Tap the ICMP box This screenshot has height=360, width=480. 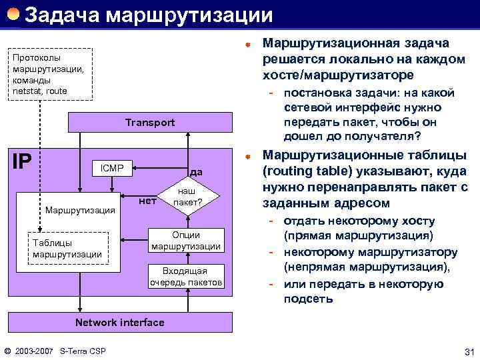click(x=111, y=167)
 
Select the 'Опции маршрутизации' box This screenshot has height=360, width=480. click(x=185, y=241)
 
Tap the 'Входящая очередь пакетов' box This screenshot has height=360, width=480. click(x=186, y=276)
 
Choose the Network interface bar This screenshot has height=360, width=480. click(x=119, y=323)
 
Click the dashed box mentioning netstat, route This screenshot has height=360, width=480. click(x=49, y=74)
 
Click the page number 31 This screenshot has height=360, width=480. click(x=467, y=351)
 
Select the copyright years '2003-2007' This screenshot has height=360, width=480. click(x=34, y=351)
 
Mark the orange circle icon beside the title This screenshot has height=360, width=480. click(x=13, y=13)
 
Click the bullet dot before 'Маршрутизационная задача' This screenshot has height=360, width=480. click(x=247, y=44)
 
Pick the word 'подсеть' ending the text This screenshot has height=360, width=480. click(x=309, y=299)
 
